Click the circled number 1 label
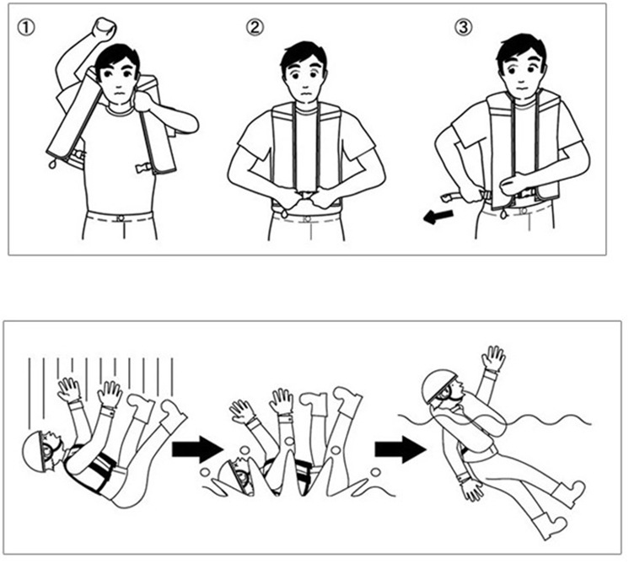25,28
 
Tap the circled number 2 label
255,27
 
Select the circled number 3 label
464,27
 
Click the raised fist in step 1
104,30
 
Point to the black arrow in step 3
438,217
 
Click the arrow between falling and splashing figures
197,449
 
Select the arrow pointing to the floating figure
400,449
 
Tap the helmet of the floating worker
438,384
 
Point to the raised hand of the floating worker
493,357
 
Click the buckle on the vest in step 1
143,167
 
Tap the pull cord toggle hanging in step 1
51,163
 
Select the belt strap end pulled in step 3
450,196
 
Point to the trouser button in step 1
120,219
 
